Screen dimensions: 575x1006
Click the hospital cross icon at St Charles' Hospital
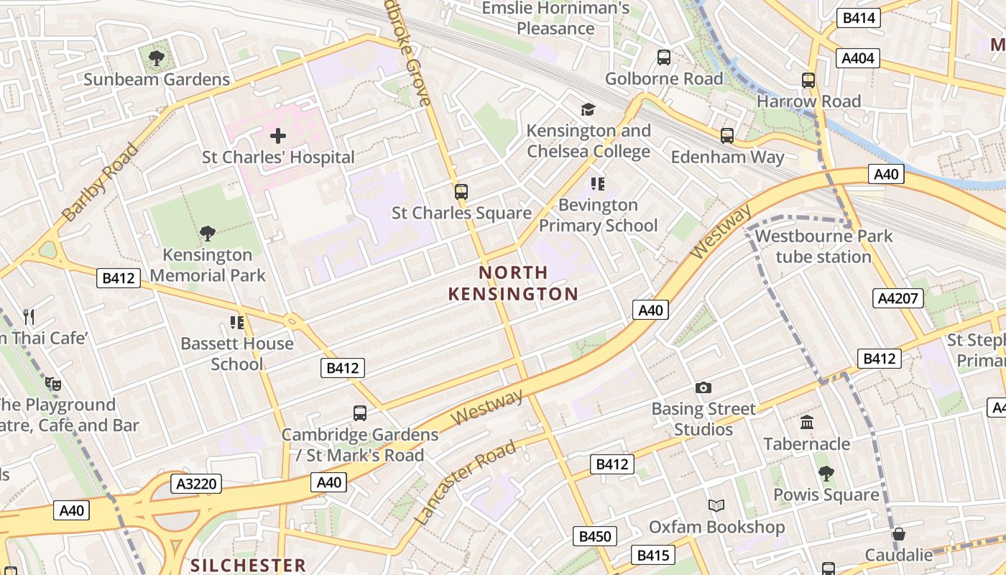[278, 135]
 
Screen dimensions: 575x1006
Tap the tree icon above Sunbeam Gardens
[156, 57]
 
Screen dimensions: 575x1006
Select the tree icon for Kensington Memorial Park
[208, 233]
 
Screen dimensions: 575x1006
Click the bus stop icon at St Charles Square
[461, 192]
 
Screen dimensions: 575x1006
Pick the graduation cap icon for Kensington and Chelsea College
[589, 109]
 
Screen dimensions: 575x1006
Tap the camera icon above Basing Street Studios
[703, 388]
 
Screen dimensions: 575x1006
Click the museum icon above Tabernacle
[807, 423]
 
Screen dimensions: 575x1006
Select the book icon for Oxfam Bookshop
[716, 506]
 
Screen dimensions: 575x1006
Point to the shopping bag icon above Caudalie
[898, 534]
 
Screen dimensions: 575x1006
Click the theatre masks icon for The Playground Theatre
[52, 384]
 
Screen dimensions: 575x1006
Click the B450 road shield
[595, 536]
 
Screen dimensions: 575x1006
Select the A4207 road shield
[898, 298]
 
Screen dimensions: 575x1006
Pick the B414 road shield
[858, 18]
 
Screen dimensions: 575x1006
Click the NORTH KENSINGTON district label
[513, 283]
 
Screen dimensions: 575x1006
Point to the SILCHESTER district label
[249, 565]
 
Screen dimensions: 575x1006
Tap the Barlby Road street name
[100, 183]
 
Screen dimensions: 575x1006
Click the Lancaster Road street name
[466, 482]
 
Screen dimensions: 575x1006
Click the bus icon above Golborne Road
[664, 57]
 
